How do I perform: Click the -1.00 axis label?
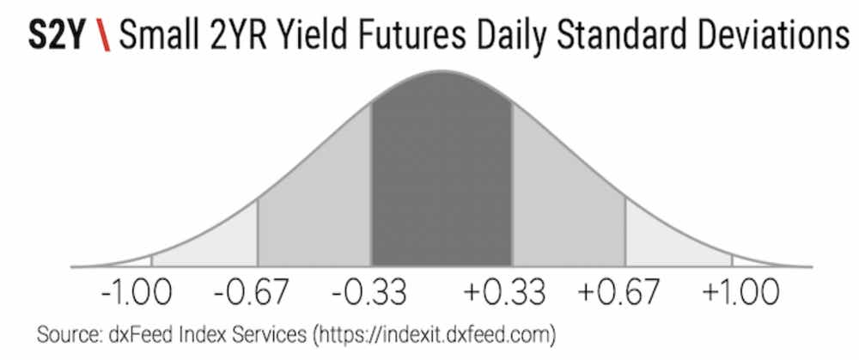[137, 293]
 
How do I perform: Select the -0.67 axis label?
[250, 293]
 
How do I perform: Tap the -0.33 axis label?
[369, 293]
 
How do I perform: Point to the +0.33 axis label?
[504, 293]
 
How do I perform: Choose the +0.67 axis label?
[618, 293]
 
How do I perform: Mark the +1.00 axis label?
[740, 293]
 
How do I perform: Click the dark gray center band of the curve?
[442, 175]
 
